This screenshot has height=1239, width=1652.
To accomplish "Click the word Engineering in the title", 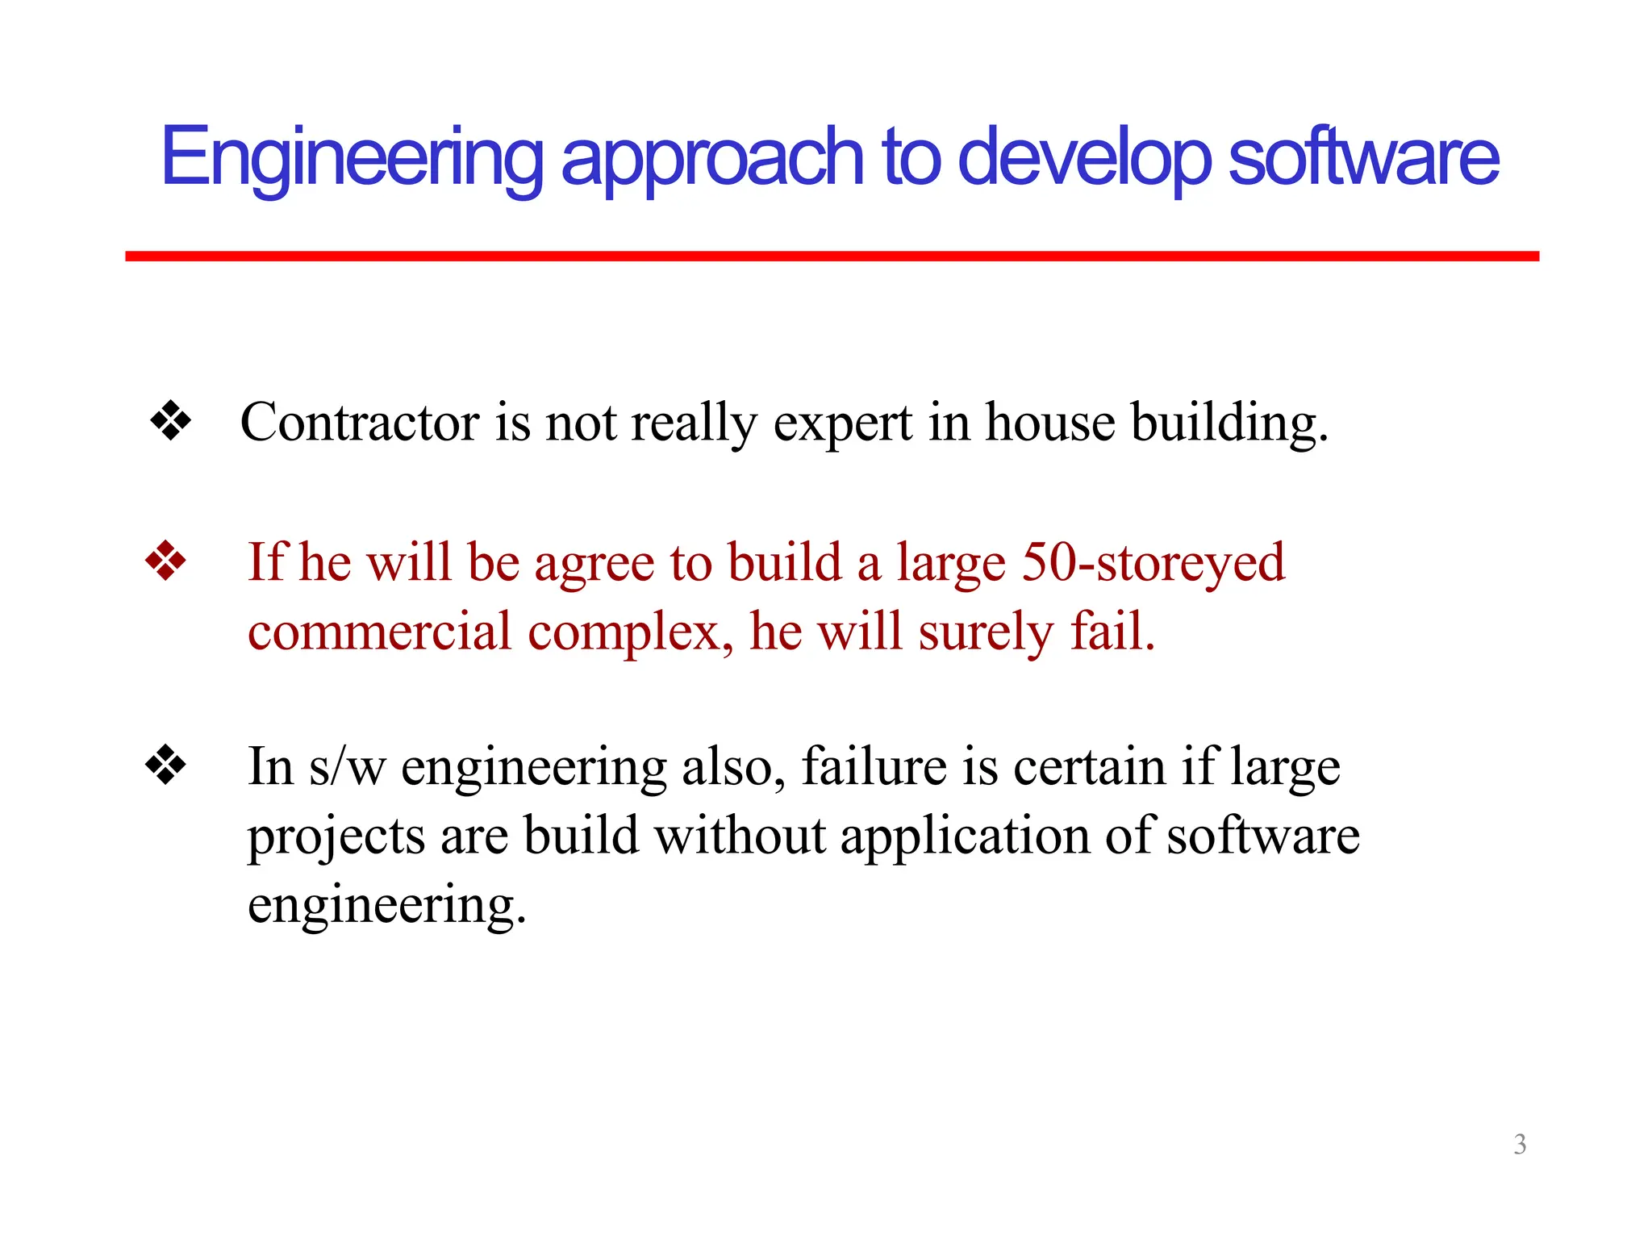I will [352, 158].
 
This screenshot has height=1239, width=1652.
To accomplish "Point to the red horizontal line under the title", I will [831, 256].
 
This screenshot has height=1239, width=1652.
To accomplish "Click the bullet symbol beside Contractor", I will [170, 421].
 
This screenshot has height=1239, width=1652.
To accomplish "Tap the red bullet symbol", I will [165, 561].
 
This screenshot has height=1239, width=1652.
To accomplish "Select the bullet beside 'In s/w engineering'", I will [165, 765].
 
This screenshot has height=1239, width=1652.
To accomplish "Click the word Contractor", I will [360, 422].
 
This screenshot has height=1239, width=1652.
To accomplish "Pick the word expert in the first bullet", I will [842, 423].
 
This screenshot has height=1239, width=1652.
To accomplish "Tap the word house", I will [1050, 422].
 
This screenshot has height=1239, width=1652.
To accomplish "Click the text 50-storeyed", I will [1153, 562].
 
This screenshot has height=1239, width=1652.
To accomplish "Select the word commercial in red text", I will [379, 631].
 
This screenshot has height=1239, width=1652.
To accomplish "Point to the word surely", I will [986, 632].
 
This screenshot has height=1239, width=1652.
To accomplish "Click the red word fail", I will [1112, 631].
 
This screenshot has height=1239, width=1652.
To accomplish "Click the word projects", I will [336, 836].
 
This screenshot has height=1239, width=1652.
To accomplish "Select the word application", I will [965, 836].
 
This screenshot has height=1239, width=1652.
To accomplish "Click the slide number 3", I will [1520, 1144].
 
